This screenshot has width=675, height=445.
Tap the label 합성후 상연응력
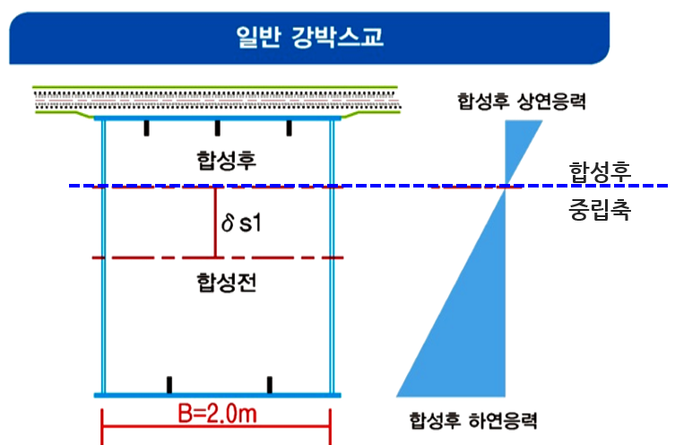point(520,100)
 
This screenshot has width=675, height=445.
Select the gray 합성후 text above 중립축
point(600,169)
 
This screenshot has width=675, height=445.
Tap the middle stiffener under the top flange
point(218,127)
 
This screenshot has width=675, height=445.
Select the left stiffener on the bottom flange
point(168,385)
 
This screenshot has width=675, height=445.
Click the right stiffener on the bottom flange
point(269,385)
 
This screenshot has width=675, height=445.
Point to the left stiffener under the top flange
point(148,127)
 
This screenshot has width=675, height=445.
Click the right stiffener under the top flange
point(289,127)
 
